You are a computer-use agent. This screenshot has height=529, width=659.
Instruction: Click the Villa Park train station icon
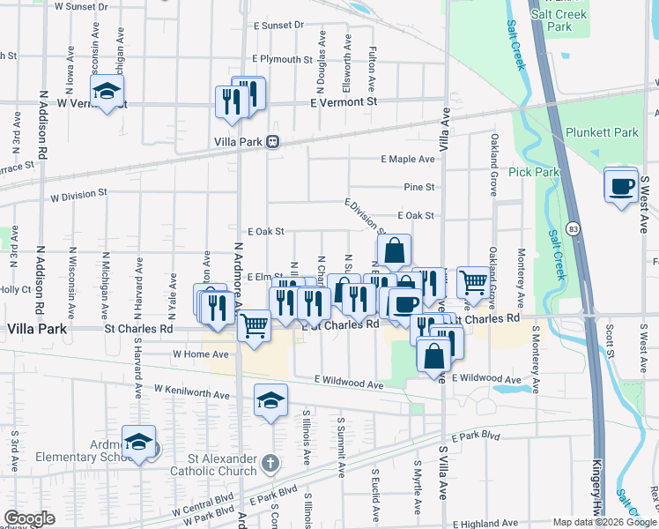tap(273, 141)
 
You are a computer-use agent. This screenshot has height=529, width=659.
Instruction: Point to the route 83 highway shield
tap(573, 227)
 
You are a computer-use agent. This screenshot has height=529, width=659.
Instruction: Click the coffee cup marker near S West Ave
tap(621, 186)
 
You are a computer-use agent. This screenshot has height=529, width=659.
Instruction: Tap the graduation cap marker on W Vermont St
tap(107, 91)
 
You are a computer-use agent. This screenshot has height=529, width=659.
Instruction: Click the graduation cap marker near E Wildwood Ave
tap(270, 401)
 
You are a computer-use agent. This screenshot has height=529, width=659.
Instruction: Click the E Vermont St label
tap(344, 102)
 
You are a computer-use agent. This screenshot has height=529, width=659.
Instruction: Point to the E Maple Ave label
tap(408, 160)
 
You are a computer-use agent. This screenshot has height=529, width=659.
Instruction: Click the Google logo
tap(29, 518)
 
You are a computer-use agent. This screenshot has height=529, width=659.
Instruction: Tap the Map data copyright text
tap(603, 522)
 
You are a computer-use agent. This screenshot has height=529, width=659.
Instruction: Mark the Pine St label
tap(419, 187)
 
